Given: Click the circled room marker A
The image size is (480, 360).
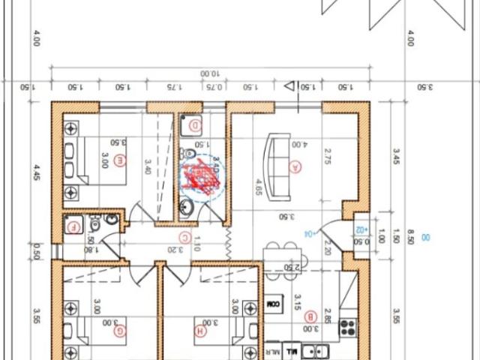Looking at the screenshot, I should pyautogui.click(x=295, y=167).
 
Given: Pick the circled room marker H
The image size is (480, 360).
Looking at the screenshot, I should pyautogui.click(x=200, y=330).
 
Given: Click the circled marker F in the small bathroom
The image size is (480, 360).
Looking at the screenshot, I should pyautogui.click(x=73, y=227).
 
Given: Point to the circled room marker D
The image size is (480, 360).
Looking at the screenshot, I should pyautogui.click(x=195, y=125).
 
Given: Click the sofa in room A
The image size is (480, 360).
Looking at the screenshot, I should pyautogui.click(x=279, y=166).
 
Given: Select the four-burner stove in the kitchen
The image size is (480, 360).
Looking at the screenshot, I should pyautogui.click(x=347, y=327).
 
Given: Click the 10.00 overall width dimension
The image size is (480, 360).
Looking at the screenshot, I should pyautogui.click(x=209, y=73).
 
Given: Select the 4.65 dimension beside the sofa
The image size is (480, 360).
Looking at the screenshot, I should pyautogui.click(x=258, y=185).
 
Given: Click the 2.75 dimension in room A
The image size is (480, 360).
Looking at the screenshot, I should pyautogui.click(x=328, y=156).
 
